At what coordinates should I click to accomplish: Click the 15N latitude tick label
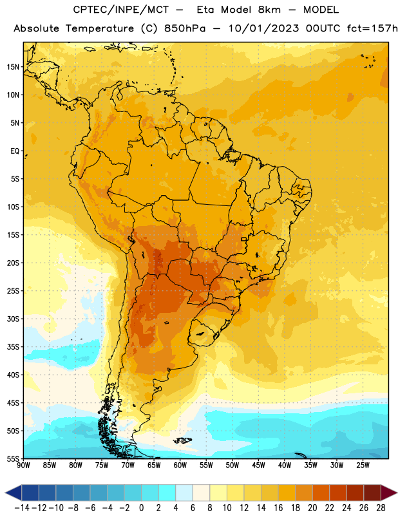tap(13, 67)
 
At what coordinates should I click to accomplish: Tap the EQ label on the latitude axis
tap(15, 151)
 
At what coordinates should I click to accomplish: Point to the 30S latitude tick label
tap(13, 319)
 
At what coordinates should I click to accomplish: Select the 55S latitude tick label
tap(13, 458)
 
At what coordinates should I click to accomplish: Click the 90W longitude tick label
tap(23, 465)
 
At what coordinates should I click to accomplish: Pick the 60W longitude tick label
tap(180, 465)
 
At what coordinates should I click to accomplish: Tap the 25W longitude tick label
tap(363, 465)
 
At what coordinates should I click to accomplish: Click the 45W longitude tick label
tap(258, 465)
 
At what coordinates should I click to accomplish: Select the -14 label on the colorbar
tap(22, 508)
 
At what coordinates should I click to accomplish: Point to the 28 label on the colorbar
tap(381, 508)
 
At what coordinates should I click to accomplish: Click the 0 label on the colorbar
tap(141, 508)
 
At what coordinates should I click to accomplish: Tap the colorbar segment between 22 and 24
tap(338, 493)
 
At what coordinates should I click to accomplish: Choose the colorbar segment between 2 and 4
tap(167, 493)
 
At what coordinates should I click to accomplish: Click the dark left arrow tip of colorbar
tap(6, 493)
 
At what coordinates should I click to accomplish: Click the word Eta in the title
tap(205, 10)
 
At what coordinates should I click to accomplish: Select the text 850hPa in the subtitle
tap(185, 28)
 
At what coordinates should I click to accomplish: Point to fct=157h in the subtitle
tap(372, 28)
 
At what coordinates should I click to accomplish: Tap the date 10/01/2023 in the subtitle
tap(264, 28)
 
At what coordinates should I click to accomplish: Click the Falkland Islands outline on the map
tap(182, 440)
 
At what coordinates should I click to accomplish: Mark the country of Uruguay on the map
tap(204, 333)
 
